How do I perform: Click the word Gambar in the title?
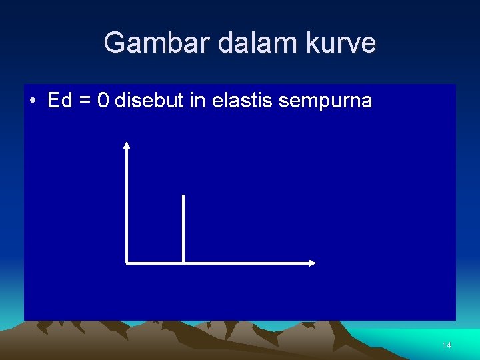tap(146, 43)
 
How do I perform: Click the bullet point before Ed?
tap(33, 101)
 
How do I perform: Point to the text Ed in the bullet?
tap(59, 101)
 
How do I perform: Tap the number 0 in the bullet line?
tap(103, 101)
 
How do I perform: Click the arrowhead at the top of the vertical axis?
tap(127, 144)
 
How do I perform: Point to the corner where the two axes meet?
tap(127, 263)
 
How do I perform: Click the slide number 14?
tap(447, 345)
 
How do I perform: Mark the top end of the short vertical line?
tap(183, 195)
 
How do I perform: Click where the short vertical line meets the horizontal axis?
tap(183, 263)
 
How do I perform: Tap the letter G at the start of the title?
tap(113, 43)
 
